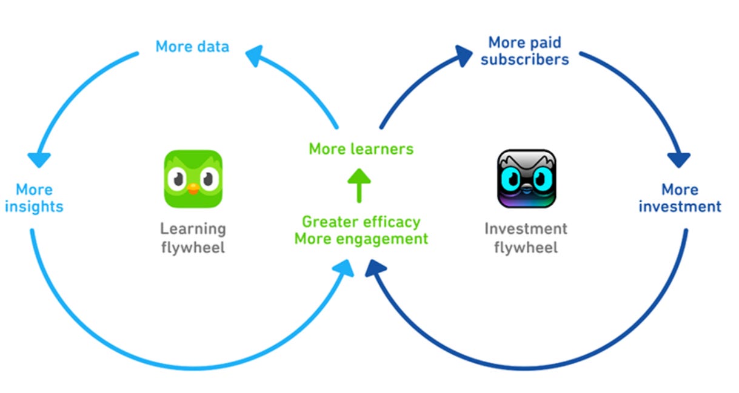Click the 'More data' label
coord(192,47)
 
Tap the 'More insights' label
coord(34,198)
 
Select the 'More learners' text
coord(361,149)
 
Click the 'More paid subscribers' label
coord(525,51)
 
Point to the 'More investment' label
coord(680,198)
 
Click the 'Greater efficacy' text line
coord(361,222)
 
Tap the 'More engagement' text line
coord(361,239)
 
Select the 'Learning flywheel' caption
coord(193,238)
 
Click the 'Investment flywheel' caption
coord(526,238)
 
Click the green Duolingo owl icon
coord(193,179)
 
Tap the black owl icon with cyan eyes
coord(526,179)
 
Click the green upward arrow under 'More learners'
coord(359,185)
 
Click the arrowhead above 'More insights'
coord(39,159)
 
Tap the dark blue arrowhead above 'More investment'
coord(679,159)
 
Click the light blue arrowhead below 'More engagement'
coord(344,267)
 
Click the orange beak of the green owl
coord(193,189)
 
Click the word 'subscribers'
coord(525,59)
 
